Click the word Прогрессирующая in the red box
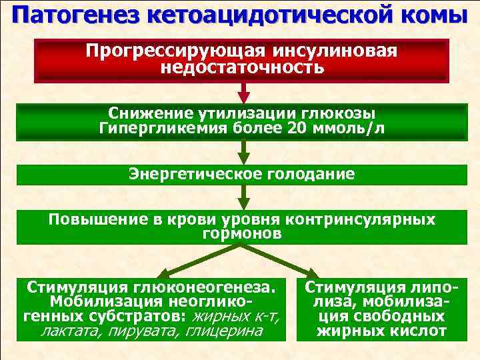176,52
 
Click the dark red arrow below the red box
243,93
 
